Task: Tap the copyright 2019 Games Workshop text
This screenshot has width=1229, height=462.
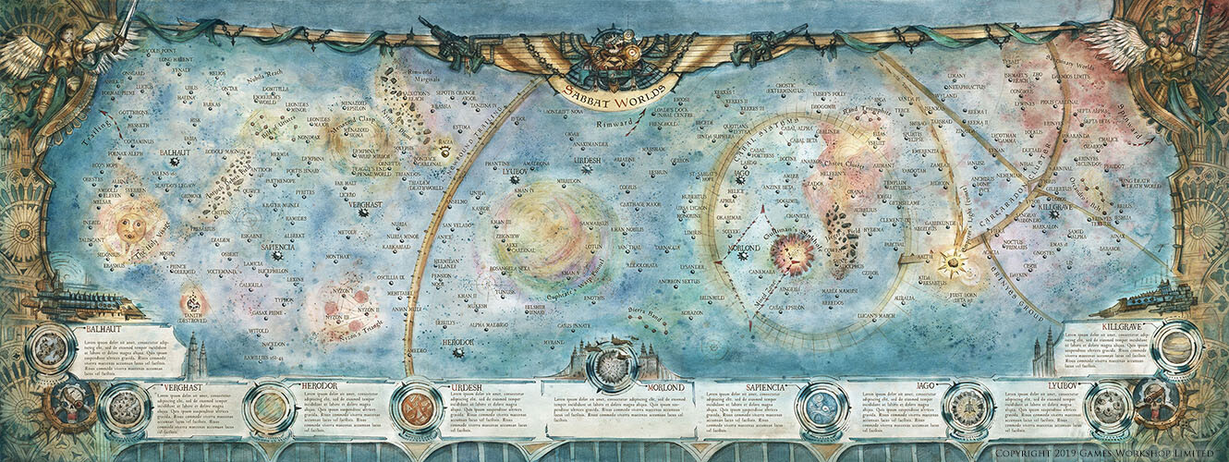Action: point(1102,453)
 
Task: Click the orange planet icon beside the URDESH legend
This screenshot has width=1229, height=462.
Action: point(416,407)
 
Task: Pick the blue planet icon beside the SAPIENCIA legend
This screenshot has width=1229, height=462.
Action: point(819,407)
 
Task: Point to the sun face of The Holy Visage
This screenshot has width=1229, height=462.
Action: point(131,224)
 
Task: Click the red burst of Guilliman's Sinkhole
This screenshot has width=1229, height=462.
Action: point(792,253)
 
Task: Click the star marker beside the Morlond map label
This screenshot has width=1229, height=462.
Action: point(743,255)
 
